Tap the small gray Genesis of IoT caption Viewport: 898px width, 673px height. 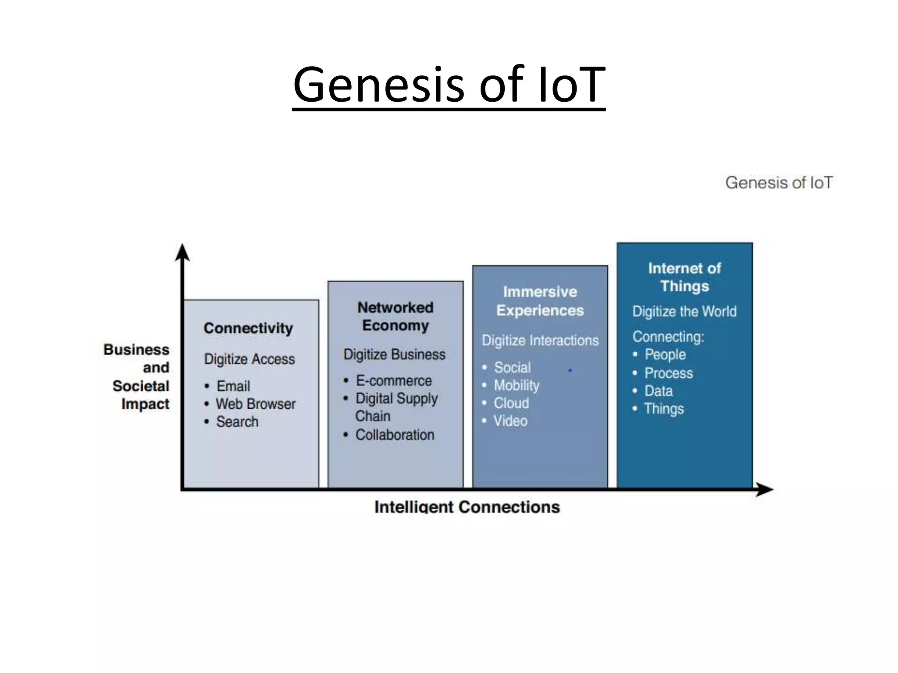click(779, 182)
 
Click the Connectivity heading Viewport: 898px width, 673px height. click(248, 328)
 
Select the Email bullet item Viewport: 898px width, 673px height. click(233, 386)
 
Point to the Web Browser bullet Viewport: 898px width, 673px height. click(255, 404)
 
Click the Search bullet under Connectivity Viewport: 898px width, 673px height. click(237, 422)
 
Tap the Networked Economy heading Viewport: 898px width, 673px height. click(395, 316)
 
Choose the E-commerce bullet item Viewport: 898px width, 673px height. click(393, 381)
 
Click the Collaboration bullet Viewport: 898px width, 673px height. click(395, 435)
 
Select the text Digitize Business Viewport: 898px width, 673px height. click(394, 354)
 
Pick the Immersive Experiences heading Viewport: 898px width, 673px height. click(540, 301)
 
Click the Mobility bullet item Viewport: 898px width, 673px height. click(517, 385)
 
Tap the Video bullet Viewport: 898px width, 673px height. click(510, 421)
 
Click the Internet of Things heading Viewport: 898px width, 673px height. click(684, 277)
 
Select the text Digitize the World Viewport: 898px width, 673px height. click(684, 312)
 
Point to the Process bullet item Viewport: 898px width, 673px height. click(668, 373)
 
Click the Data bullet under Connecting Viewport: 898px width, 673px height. click(658, 391)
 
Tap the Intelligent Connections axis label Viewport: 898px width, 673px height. click(467, 507)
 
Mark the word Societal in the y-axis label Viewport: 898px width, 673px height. click(141, 386)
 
